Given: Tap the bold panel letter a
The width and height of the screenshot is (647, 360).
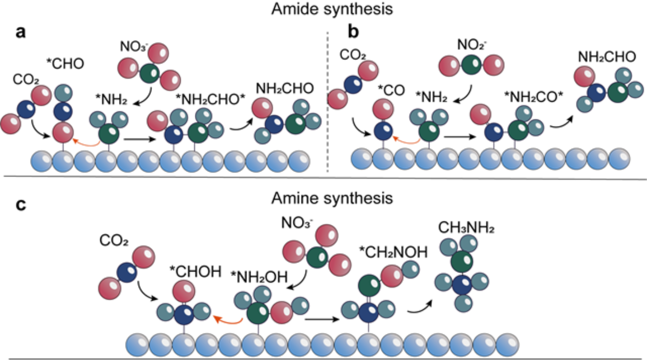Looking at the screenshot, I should pos(21,32).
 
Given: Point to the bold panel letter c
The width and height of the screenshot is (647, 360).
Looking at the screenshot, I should pos(21,205).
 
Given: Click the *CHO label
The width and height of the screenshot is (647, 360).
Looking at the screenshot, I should pos(65,63).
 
